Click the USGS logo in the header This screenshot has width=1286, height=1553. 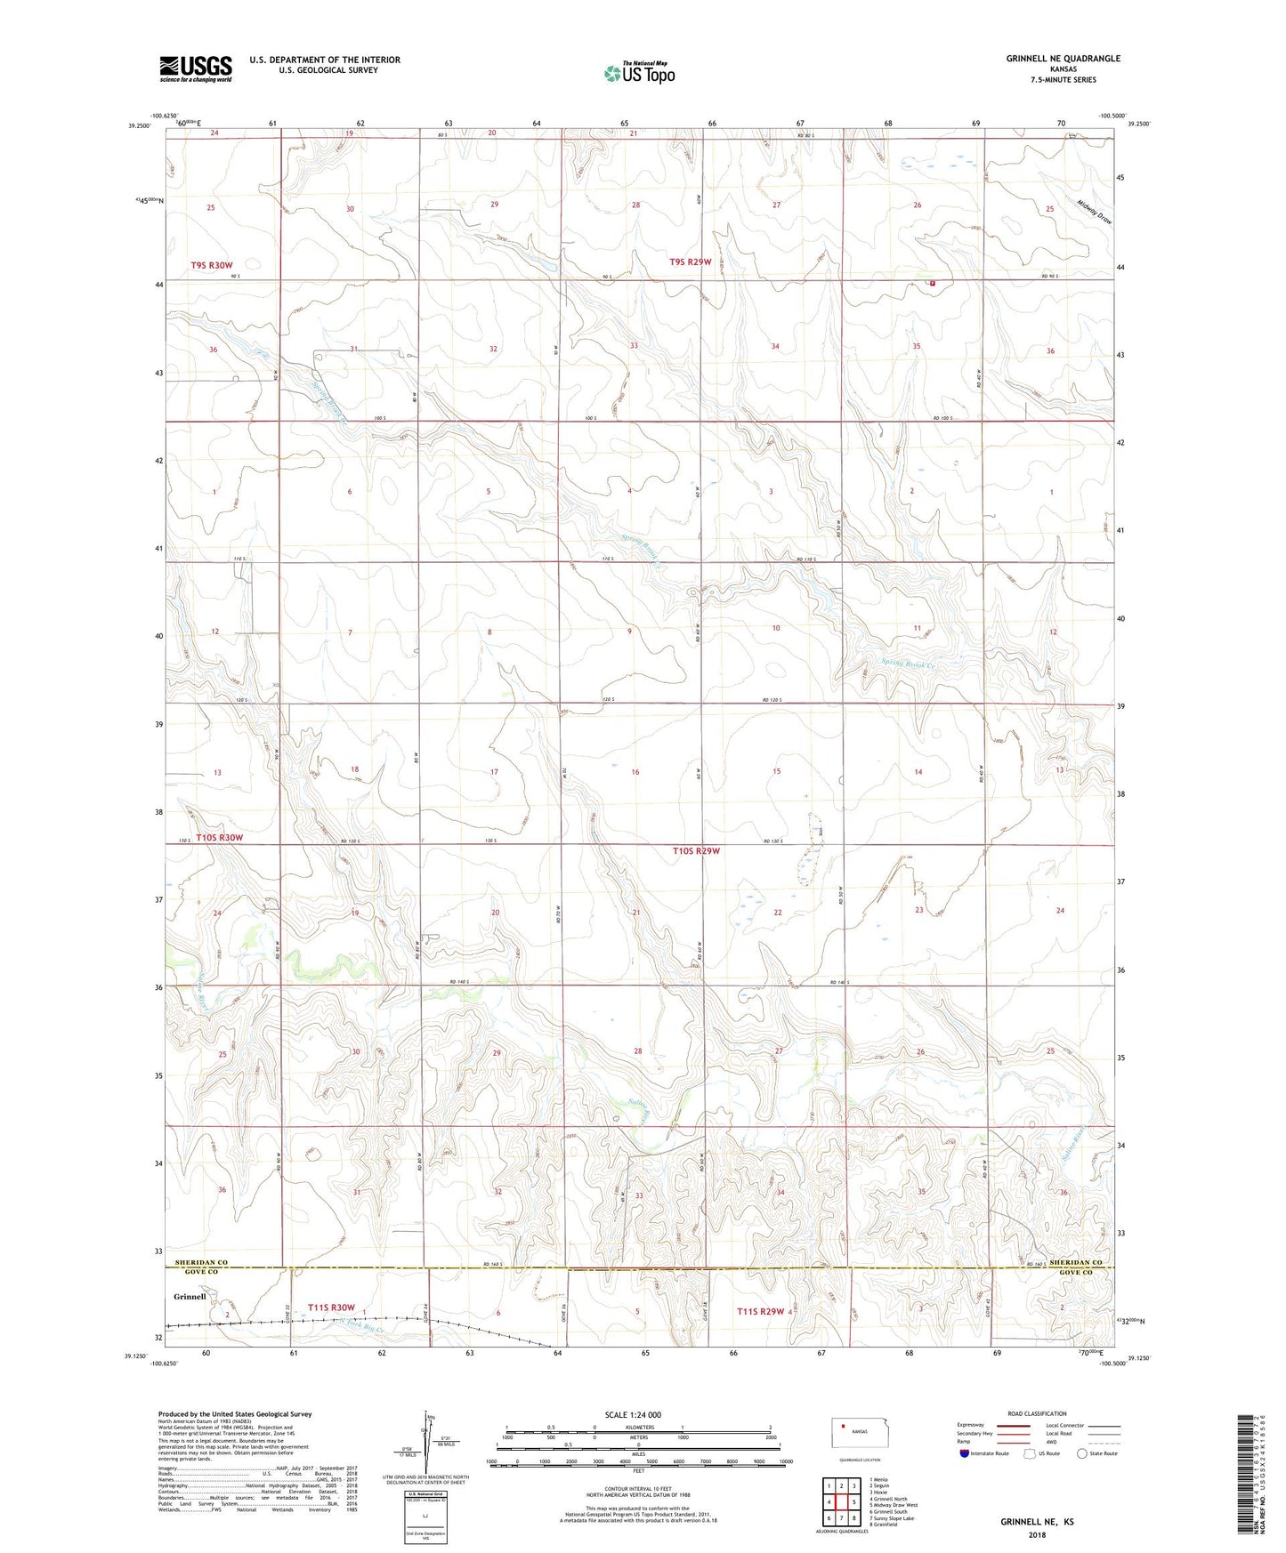pos(196,68)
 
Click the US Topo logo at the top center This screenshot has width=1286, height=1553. pos(639,73)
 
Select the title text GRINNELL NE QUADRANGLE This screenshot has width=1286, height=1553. pos(1063,59)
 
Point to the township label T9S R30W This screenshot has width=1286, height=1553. pos(211,265)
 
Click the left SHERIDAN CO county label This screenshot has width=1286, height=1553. pos(202,1262)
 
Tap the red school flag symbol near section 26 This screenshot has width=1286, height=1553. pos(933,283)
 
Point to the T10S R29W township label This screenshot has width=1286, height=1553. pos(696,851)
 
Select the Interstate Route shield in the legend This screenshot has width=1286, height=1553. pos(965,1453)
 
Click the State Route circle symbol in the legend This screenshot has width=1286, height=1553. pos(1082,1453)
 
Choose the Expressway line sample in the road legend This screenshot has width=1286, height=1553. pos(1012,1425)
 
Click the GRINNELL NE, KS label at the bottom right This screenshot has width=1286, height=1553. pos(1037,1522)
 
